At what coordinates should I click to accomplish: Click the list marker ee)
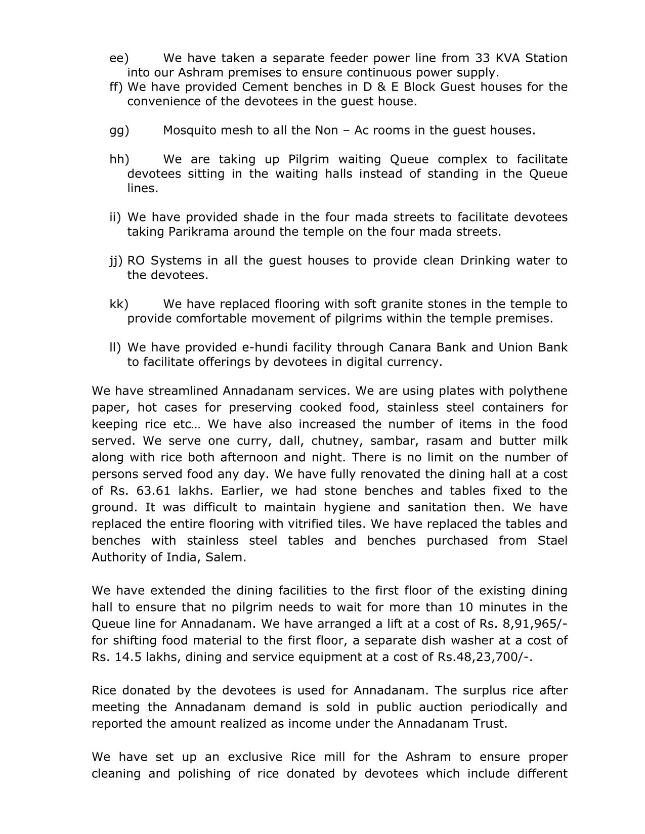click(x=119, y=58)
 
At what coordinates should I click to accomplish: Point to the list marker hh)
click(x=119, y=159)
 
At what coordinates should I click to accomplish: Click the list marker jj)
click(x=116, y=260)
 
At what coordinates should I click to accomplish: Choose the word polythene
click(x=538, y=391)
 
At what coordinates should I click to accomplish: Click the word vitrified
click(x=319, y=523)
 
